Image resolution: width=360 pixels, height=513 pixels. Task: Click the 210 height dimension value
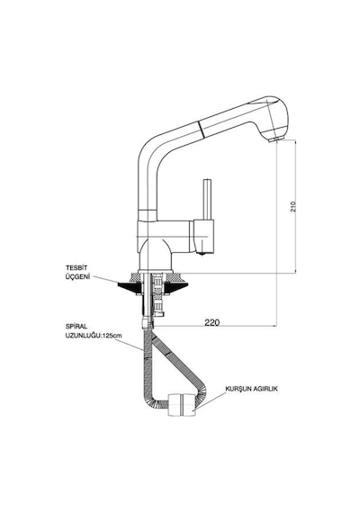(293, 207)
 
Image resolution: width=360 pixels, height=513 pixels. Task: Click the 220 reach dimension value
(212, 322)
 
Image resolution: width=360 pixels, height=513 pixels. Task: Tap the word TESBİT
(72, 268)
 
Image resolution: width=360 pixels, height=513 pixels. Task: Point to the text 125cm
(112, 336)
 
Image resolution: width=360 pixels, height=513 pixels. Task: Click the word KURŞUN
(238, 389)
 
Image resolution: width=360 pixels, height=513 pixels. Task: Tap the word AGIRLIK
(265, 389)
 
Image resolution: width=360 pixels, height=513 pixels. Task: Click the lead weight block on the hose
(182, 405)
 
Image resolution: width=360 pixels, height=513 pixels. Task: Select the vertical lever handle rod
(207, 199)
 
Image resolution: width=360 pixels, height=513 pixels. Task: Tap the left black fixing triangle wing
(130, 287)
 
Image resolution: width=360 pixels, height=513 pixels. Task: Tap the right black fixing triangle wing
(176, 287)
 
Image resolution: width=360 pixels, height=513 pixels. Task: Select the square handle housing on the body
(203, 236)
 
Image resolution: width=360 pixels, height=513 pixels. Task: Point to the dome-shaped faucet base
(155, 255)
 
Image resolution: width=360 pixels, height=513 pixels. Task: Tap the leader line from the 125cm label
(130, 345)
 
